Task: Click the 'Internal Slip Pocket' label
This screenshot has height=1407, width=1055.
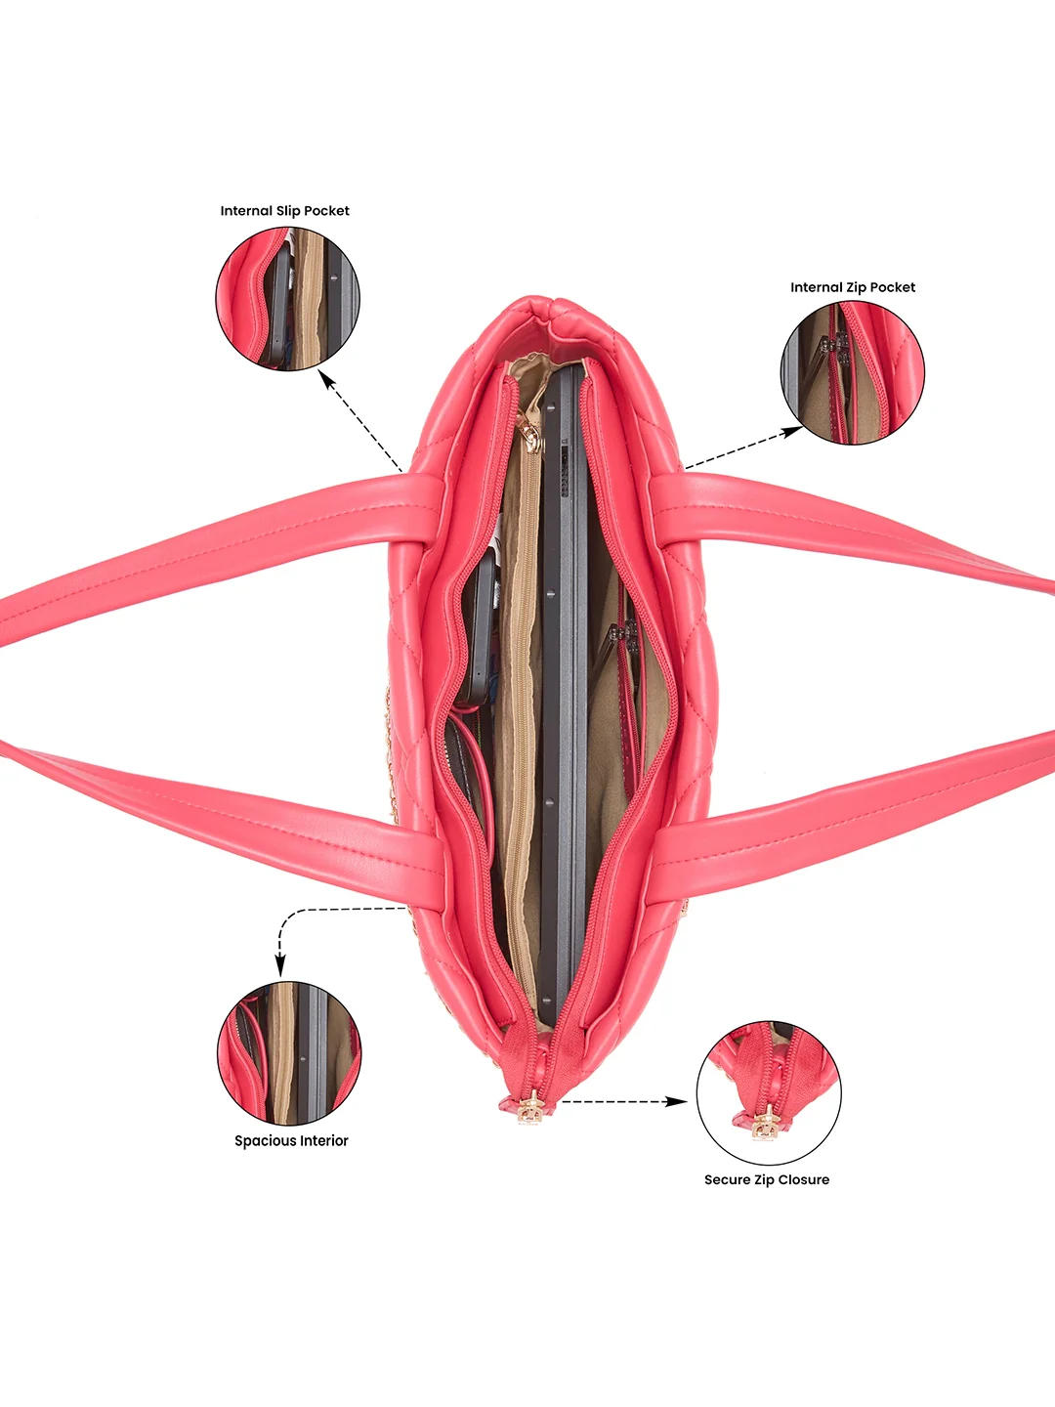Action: (285, 211)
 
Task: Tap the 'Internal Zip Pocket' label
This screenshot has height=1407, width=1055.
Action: (853, 287)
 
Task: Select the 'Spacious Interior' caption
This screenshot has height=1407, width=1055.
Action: (291, 1140)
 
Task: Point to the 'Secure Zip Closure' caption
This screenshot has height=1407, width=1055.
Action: (767, 1179)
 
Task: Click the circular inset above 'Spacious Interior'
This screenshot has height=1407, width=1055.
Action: (289, 1053)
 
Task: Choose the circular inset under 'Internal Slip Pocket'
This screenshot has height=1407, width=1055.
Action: (287, 299)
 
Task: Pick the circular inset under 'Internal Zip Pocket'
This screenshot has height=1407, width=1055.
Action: (853, 373)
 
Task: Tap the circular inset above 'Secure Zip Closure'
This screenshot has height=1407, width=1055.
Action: (769, 1093)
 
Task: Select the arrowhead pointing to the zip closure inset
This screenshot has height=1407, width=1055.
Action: (677, 1101)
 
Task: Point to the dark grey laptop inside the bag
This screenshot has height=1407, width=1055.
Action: (563, 693)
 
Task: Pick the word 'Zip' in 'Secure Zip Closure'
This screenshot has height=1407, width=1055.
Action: (764, 1179)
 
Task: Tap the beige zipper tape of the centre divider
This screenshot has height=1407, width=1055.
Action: (526, 737)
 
